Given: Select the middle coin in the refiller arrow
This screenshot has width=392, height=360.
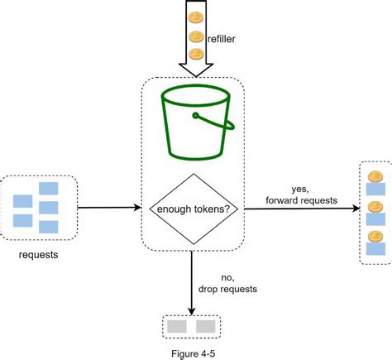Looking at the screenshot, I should (196, 36).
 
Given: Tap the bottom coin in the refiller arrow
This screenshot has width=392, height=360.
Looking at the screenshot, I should (196, 54).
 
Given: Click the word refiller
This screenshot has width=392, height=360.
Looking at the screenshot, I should (226, 36).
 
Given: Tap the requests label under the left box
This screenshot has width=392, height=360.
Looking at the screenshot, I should (37, 254).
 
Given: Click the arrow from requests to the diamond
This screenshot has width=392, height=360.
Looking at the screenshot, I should (108, 208).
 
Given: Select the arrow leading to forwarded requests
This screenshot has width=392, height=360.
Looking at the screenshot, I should (298, 209).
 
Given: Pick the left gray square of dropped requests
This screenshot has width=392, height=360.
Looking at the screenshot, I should (176, 325).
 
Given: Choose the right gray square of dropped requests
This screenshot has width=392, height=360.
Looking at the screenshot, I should (205, 325).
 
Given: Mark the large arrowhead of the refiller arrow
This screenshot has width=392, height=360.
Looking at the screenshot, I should (196, 70).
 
